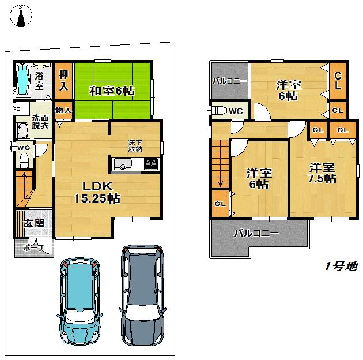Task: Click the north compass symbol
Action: tap(21, 16)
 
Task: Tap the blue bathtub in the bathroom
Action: tap(22, 80)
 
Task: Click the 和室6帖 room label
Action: tap(112, 90)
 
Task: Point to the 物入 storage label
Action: tap(63, 110)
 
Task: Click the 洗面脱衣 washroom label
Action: tap(24, 121)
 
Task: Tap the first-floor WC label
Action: tap(23, 147)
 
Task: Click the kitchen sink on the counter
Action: tap(123, 164)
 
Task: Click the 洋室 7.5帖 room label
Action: tap(322, 172)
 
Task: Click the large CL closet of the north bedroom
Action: tap(338, 80)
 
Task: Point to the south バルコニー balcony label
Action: tap(256, 234)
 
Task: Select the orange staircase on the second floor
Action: tap(220, 164)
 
